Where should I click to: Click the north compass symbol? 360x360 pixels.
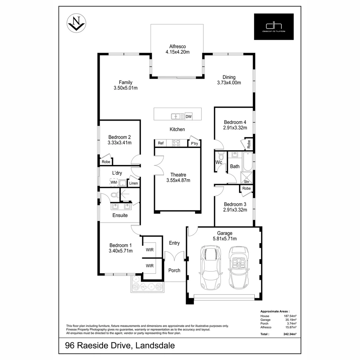click(x=76, y=23)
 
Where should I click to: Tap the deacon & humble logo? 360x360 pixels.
click(x=274, y=27)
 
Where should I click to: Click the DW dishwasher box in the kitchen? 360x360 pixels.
click(x=188, y=116)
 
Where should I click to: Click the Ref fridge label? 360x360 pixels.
click(x=161, y=143)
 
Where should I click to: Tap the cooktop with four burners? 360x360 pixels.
click(x=176, y=143)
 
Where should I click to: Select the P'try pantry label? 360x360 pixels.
click(x=194, y=143)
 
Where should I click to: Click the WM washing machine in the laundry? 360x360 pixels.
click(x=114, y=182)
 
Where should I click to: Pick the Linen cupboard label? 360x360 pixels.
click(x=133, y=183)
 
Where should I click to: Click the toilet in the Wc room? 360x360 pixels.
click(x=221, y=156)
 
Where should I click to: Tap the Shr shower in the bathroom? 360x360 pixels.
click(x=246, y=177)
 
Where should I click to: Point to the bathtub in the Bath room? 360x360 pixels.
click(x=248, y=161)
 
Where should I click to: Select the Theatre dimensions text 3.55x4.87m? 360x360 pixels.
click(x=178, y=180)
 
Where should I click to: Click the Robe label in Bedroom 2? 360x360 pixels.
click(x=106, y=162)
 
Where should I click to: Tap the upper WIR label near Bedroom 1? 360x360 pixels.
click(x=150, y=250)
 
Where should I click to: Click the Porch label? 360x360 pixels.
click(x=174, y=270)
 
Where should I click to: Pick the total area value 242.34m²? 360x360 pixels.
click(x=290, y=334)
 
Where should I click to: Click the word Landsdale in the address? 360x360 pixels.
click(x=155, y=346)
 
